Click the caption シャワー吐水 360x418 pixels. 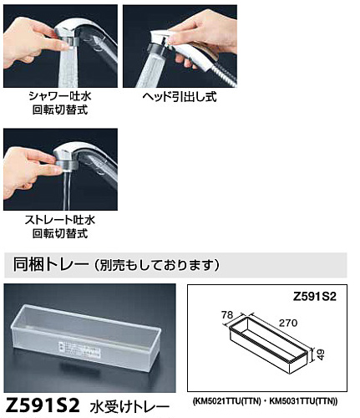[x=60, y=96]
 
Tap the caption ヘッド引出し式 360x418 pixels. [x=180, y=97]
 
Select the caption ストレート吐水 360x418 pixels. [x=60, y=220]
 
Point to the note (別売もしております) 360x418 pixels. [x=156, y=265]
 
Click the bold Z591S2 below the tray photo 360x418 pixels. [x=43, y=405]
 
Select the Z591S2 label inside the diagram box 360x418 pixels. [x=315, y=297]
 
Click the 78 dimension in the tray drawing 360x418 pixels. [x=227, y=315]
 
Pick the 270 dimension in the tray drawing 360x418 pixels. [x=288, y=323]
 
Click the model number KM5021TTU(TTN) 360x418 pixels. [x=226, y=401]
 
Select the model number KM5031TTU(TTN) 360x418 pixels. [x=303, y=401]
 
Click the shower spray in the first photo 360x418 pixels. [x=68, y=67]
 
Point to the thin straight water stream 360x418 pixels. [x=66, y=191]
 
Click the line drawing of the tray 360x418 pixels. [x=269, y=345]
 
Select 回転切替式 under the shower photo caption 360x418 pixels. [x=60, y=110]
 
